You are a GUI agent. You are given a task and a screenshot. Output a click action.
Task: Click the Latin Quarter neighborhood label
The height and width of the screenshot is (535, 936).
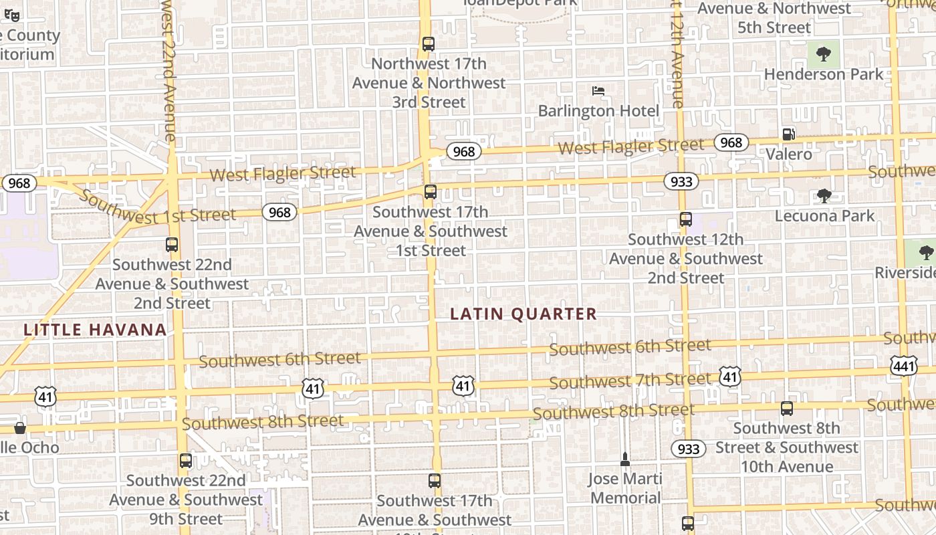pyautogui.click(x=523, y=314)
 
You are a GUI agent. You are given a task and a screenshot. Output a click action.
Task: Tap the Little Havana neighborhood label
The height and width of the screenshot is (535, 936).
pyautogui.click(x=95, y=329)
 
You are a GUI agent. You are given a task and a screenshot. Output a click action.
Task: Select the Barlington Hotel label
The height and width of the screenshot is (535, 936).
pyautogui.click(x=598, y=110)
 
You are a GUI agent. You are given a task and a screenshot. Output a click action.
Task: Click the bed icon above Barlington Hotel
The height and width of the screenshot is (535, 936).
pyautogui.click(x=598, y=90)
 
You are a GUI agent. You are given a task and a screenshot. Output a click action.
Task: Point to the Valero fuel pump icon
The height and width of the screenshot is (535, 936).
pyautogui.click(x=789, y=134)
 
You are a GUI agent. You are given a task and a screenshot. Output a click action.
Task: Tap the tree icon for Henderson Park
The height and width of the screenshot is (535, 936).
pyautogui.click(x=824, y=53)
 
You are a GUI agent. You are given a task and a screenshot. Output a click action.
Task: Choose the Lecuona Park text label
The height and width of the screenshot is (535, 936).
pyautogui.click(x=824, y=215)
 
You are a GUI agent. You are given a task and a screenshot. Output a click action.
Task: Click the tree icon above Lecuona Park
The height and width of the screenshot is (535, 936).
pyautogui.click(x=824, y=195)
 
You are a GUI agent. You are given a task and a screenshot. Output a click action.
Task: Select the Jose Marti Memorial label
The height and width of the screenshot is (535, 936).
pyautogui.click(x=625, y=488)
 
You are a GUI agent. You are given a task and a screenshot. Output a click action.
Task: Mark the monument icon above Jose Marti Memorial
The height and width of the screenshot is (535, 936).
pyautogui.click(x=625, y=459)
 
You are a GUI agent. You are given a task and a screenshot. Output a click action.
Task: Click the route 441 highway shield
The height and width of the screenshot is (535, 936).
pyautogui.click(x=903, y=365)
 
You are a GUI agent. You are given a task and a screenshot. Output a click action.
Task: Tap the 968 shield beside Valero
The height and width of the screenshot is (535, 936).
pyautogui.click(x=731, y=142)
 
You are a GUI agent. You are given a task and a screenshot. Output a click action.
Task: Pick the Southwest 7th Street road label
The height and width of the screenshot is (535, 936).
pyautogui.click(x=630, y=381)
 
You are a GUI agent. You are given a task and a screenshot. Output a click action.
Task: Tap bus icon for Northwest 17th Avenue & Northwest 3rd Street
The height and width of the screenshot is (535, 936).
pyautogui.click(x=429, y=44)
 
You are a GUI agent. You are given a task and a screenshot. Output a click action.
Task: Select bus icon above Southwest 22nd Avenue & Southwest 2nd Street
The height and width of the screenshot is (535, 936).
pyautogui.click(x=172, y=245)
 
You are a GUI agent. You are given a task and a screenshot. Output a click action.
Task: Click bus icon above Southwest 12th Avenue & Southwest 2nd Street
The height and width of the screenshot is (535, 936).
pyautogui.click(x=685, y=219)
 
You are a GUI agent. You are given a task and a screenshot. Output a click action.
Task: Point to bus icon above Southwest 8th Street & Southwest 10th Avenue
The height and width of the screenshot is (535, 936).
pyautogui.click(x=787, y=408)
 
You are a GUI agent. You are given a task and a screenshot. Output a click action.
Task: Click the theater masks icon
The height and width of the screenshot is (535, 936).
pyautogui.click(x=11, y=15)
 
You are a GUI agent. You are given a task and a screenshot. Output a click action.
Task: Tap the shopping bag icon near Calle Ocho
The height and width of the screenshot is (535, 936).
pyautogui.click(x=20, y=428)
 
